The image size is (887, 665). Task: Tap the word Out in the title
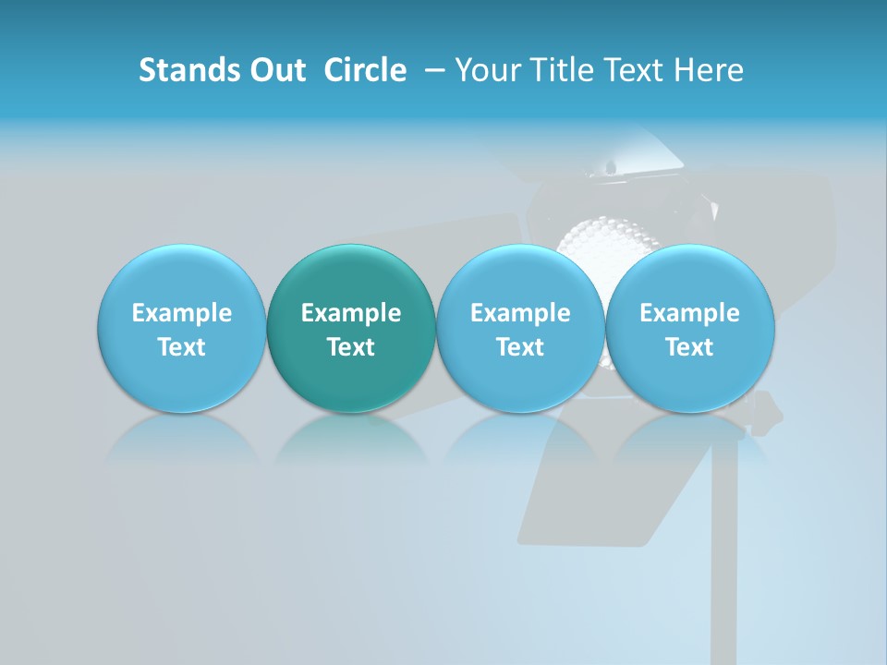tap(274, 70)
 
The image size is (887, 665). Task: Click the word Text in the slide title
tap(634, 70)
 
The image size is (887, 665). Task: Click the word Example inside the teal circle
tap(350, 313)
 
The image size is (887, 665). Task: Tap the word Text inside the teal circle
tap(350, 347)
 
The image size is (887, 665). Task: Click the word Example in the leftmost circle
tap(181, 313)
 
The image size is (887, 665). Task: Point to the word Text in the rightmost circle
tap(689, 347)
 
